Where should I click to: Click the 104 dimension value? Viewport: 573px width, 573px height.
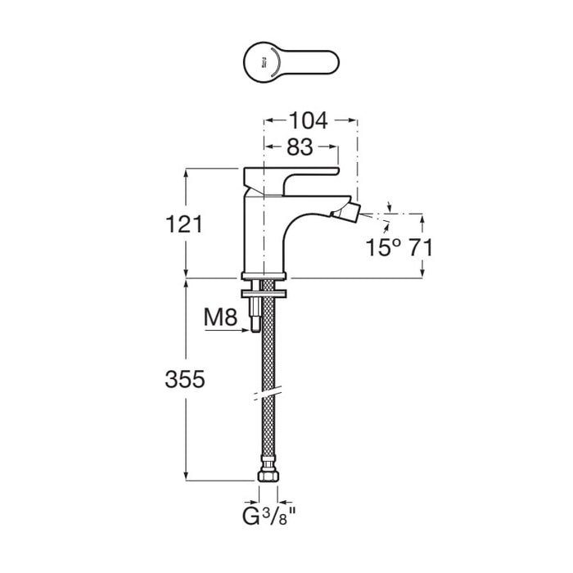308,121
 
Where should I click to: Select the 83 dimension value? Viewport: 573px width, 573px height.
300,148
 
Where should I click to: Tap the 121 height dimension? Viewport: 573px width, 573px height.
183,224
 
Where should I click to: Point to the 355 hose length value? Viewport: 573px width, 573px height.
183,380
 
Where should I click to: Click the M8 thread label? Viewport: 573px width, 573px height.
219,318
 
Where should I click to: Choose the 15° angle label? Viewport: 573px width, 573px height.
383,247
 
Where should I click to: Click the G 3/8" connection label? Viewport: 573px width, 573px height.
268,517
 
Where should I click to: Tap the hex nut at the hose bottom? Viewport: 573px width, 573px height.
267,477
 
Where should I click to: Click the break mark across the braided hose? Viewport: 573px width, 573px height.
266,398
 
